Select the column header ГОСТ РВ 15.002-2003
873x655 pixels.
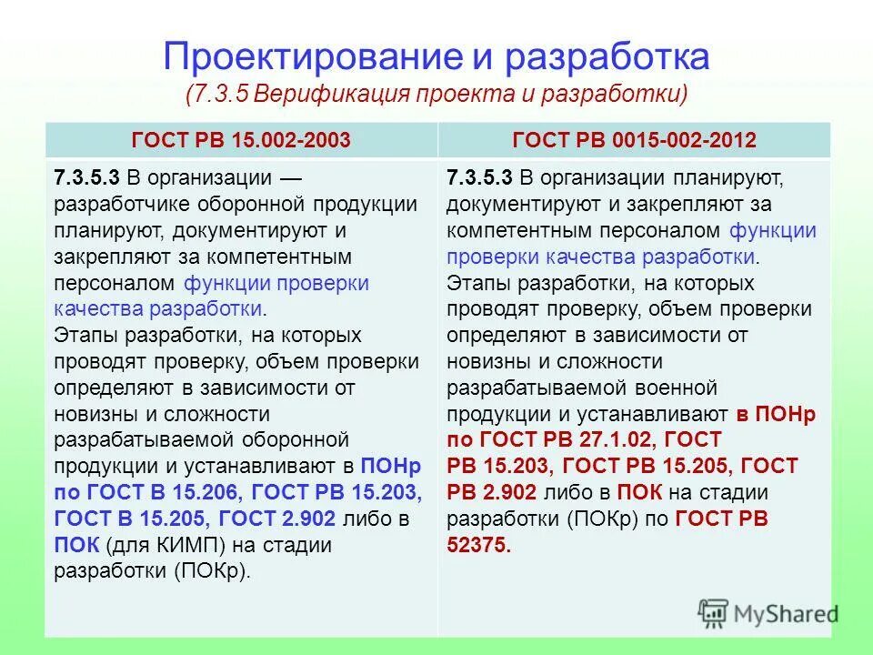click(241, 140)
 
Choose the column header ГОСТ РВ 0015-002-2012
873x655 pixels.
click(635, 140)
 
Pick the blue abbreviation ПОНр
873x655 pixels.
click(391, 467)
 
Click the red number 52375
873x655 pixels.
click(478, 546)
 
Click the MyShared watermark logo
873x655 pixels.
click(769, 614)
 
